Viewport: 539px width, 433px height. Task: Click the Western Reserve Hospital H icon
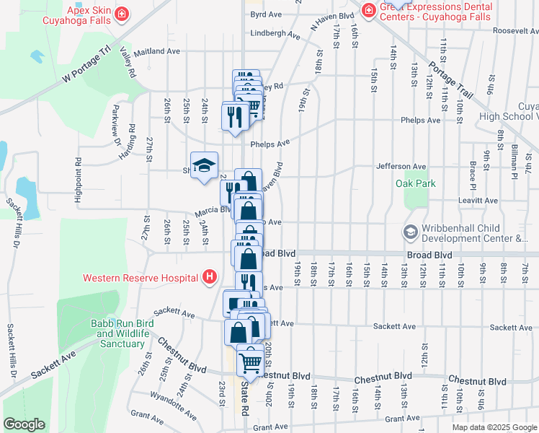[x=210, y=277]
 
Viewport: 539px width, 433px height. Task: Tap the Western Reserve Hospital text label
[x=141, y=278]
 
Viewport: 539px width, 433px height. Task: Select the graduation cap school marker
[x=204, y=166]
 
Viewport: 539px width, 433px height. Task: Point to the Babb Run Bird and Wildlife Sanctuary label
[x=119, y=333]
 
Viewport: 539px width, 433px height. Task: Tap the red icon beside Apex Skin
[x=122, y=13]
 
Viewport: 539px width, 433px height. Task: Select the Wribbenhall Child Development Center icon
[x=411, y=232]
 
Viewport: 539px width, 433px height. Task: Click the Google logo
[x=24, y=424]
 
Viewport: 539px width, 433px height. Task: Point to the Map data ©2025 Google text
[x=494, y=427]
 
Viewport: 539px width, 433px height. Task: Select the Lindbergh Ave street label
[x=275, y=34]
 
